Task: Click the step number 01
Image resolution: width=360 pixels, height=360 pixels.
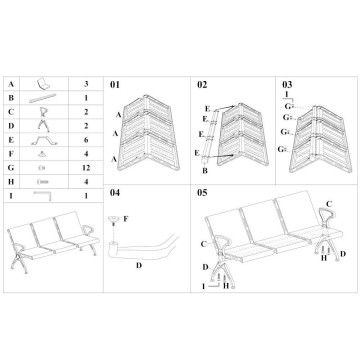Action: (115, 85)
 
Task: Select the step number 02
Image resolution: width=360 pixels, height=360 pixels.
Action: (202, 85)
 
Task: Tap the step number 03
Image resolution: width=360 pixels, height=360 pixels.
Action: (287, 85)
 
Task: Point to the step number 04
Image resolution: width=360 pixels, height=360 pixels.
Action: (115, 193)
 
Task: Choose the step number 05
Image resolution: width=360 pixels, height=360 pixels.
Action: (202, 193)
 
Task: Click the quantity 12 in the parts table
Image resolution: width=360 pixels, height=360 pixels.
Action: (86, 168)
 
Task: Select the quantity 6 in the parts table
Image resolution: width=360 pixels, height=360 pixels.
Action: (86, 140)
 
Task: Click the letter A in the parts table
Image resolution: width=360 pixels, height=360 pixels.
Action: (11, 84)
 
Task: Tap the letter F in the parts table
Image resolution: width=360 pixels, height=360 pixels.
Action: (11, 154)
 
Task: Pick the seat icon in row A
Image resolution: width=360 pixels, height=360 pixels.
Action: (43, 84)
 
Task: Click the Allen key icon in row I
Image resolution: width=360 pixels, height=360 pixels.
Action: (43, 195)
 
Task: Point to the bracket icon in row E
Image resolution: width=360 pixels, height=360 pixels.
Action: (44, 140)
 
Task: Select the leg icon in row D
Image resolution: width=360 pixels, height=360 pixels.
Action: (44, 126)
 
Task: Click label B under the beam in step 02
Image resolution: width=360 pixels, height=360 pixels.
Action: (205, 171)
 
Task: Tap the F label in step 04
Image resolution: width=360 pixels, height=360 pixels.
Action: (126, 219)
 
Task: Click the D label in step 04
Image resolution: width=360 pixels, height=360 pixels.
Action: (139, 266)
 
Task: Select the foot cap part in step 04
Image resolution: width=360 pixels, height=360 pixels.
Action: (114, 220)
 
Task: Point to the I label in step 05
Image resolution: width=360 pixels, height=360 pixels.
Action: (204, 286)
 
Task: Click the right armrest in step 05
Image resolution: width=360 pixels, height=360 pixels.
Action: (327, 217)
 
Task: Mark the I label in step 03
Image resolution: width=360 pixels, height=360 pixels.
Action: (287, 94)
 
